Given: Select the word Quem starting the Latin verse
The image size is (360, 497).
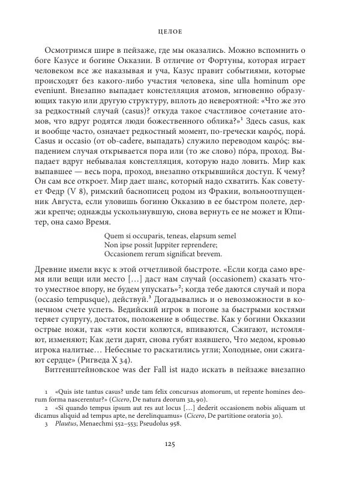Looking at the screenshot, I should (x=114, y=235).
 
